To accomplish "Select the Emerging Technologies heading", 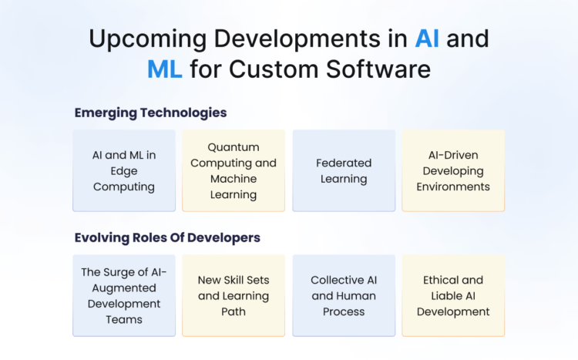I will [x=150, y=113].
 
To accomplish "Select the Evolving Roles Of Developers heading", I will [x=167, y=237].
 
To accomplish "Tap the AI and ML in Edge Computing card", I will [x=124, y=170].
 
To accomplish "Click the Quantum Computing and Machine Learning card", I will [x=234, y=170].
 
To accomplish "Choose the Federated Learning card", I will [x=344, y=170].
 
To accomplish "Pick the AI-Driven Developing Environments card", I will [x=453, y=170].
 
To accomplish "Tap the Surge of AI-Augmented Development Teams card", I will [x=124, y=296].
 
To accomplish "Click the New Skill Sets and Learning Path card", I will [x=234, y=296].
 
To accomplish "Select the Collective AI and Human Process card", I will [x=344, y=296].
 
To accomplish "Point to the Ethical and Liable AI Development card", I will [x=453, y=296].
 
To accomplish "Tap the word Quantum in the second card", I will [x=234, y=146].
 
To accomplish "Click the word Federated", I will [x=344, y=163].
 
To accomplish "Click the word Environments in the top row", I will [x=453, y=187].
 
